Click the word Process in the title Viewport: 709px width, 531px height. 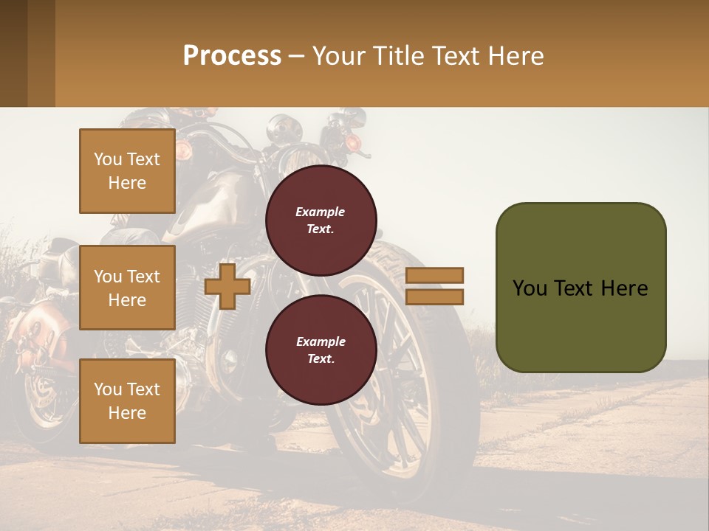[x=232, y=56]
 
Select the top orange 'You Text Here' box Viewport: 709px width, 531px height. [x=127, y=171]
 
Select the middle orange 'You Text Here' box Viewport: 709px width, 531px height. [x=127, y=288]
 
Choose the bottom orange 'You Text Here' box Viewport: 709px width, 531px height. [x=127, y=400]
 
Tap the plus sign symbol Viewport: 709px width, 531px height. [x=227, y=286]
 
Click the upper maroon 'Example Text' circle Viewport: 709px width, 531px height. [x=321, y=221]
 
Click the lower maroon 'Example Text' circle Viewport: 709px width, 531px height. [x=321, y=350]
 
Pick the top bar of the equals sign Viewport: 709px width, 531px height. [x=434, y=275]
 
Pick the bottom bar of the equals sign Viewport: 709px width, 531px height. [x=434, y=297]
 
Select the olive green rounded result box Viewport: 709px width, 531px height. [x=580, y=288]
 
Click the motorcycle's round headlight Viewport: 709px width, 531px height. [x=281, y=130]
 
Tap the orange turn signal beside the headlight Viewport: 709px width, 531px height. [x=352, y=141]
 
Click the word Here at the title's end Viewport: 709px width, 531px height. [x=516, y=56]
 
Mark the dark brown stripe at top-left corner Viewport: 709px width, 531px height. [x=13, y=53]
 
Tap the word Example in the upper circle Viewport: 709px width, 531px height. [x=321, y=212]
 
